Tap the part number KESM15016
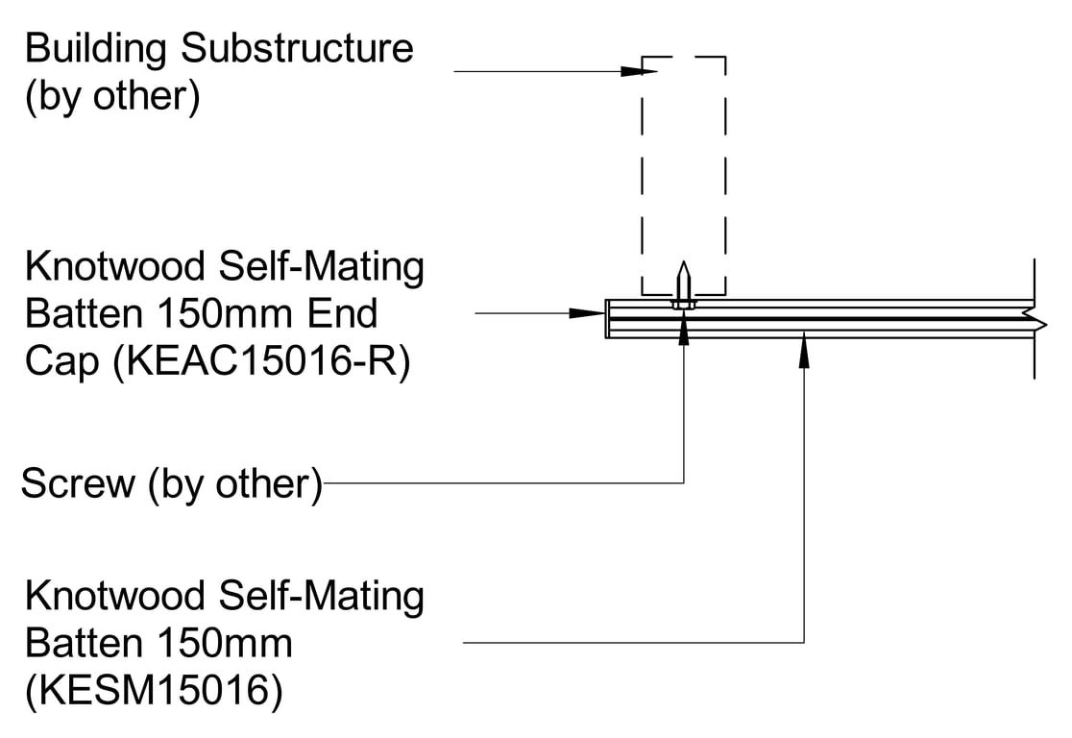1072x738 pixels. click(155, 691)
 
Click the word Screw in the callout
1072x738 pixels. click(78, 483)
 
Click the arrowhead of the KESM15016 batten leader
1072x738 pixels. click(804, 352)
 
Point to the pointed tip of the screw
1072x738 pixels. click(683, 266)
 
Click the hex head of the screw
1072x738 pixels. click(683, 304)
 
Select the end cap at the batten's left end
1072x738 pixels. click(608, 319)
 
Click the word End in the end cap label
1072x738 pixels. click(345, 314)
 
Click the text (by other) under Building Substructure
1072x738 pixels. click(113, 97)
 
